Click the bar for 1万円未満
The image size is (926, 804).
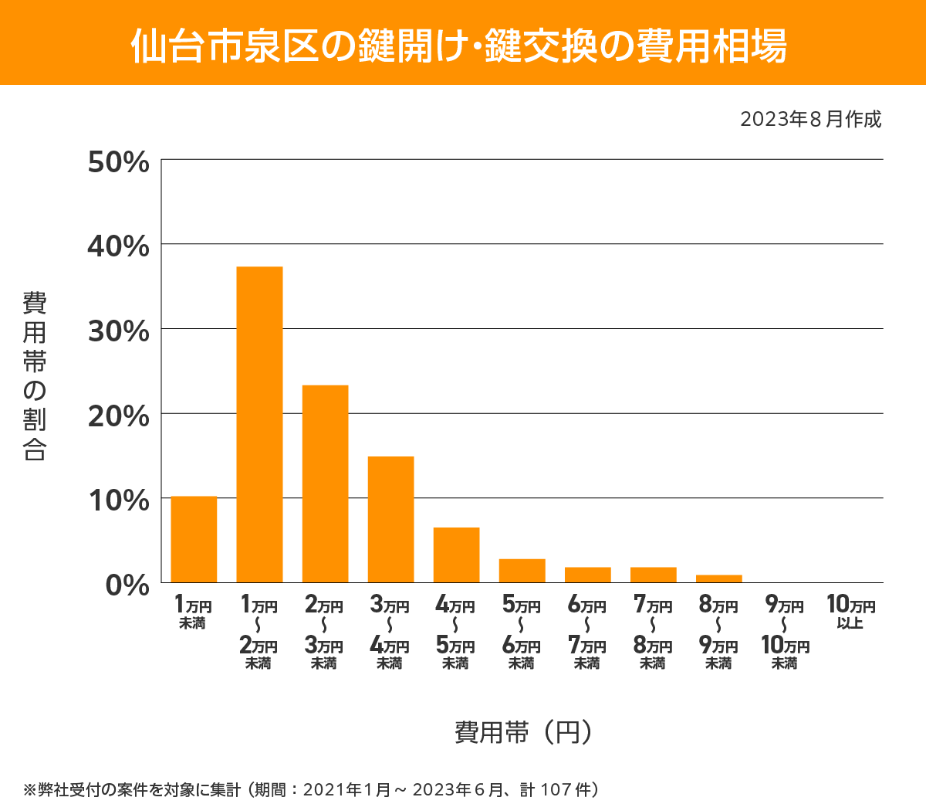[194, 539]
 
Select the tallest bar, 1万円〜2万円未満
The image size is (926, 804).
[259, 424]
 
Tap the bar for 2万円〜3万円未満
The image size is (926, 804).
[325, 483]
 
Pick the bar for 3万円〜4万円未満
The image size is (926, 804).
[390, 519]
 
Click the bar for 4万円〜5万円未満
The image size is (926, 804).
[456, 555]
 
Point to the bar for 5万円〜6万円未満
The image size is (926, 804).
[522, 571]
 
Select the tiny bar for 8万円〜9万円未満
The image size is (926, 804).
[718, 578]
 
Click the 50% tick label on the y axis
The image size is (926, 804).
[118, 162]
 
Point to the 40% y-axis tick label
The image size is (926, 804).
[118, 246]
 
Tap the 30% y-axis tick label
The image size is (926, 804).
[118, 331]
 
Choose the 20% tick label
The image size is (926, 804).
[118, 416]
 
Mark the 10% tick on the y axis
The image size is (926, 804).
[118, 500]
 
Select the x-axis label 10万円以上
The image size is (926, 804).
[850, 612]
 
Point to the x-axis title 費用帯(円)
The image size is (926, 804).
[522, 731]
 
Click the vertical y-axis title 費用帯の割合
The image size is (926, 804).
[35, 376]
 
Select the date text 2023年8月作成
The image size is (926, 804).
[810, 120]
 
